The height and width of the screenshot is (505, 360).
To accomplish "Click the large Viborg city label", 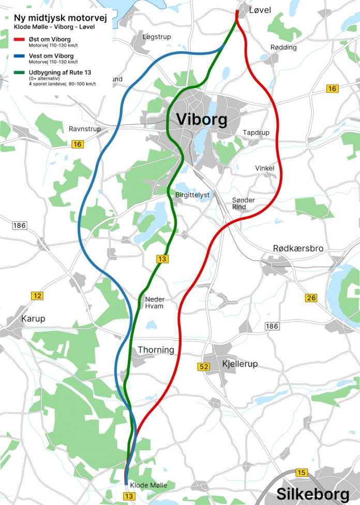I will (201, 119).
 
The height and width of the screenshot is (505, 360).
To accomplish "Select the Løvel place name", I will (260, 10).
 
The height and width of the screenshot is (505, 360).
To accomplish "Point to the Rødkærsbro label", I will (298, 249).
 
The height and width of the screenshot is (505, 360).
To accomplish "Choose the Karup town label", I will (33, 319).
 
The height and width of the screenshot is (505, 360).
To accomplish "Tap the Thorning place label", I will (156, 350).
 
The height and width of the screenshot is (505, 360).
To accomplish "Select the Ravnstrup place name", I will (84, 129).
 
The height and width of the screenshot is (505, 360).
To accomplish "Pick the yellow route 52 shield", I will (204, 367).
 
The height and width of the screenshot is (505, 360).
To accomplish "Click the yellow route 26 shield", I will (311, 298).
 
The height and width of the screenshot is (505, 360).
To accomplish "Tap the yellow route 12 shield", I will (37, 296).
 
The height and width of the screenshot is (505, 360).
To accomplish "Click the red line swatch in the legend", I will (19, 39).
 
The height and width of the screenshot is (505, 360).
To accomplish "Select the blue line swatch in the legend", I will (19, 56).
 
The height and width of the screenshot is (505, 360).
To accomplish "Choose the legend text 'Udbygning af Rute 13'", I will (56, 72).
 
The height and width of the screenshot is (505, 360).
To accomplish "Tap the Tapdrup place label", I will (256, 133).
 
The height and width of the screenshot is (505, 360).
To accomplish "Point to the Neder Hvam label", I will (154, 302).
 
